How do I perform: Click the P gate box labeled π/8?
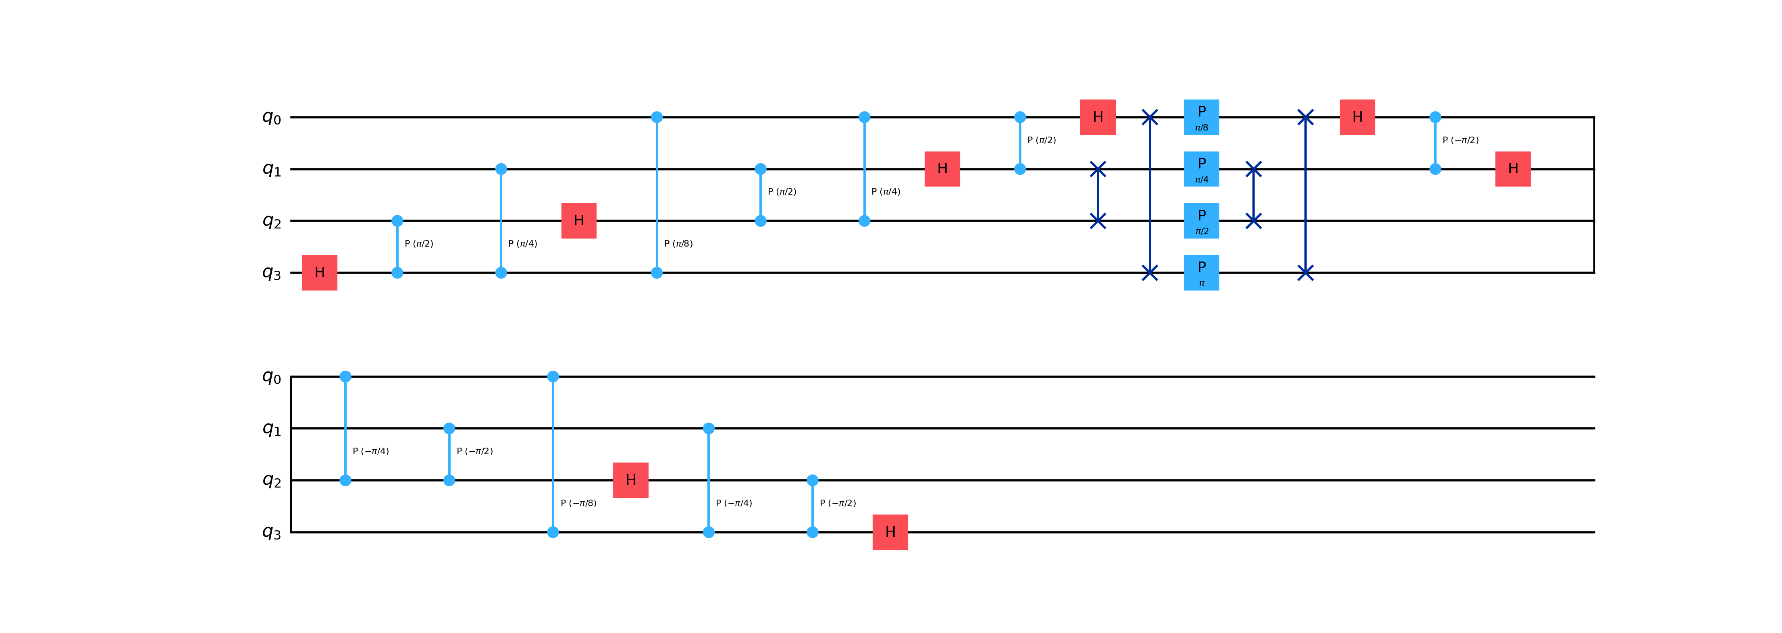coord(1202,117)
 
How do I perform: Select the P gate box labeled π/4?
coord(1202,169)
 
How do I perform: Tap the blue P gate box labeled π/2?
coord(1202,221)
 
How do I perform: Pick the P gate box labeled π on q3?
coord(1202,272)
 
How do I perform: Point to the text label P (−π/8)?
coord(578,503)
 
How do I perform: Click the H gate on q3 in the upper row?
coord(320,272)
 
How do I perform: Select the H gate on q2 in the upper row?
coord(579,221)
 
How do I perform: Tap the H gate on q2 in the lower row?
coord(631,480)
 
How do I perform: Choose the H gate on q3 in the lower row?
coord(890,532)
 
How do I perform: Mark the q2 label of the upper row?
coord(272,221)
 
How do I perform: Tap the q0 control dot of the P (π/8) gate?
coord(657,117)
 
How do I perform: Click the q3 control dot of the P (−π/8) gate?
coord(553,532)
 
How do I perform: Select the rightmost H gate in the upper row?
coord(1513,169)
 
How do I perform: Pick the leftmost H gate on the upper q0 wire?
coord(1098,117)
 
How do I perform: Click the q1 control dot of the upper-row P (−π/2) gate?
coord(1435,169)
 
